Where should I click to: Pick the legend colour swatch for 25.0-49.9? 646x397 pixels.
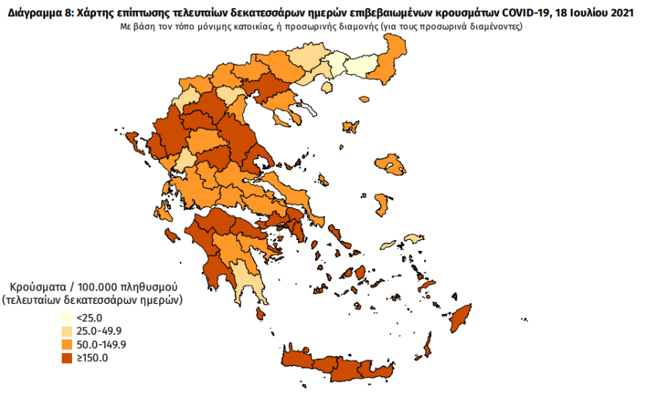click(66, 332)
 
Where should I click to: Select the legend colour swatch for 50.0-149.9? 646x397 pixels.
click(66, 345)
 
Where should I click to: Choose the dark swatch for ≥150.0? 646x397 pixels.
click(66, 358)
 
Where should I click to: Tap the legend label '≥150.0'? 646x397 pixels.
click(92, 358)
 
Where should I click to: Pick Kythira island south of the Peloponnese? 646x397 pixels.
click(261, 314)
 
